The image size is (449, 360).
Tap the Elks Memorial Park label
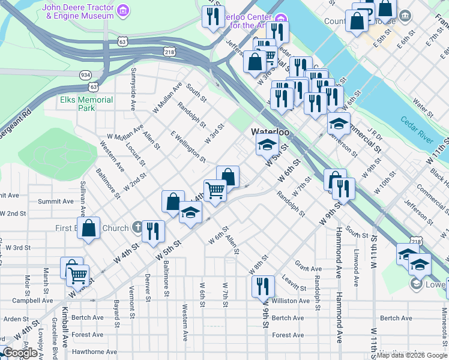click(x=86, y=104)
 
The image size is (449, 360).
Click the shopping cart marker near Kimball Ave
click(x=77, y=275)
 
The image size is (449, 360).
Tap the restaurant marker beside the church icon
click(x=154, y=230)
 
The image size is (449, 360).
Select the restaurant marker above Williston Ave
click(x=263, y=286)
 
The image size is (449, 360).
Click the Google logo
click(x=20, y=353)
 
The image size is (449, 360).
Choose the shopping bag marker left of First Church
click(x=89, y=229)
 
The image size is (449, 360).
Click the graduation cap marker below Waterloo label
click(x=267, y=144)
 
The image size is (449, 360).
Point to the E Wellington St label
click(x=188, y=147)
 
